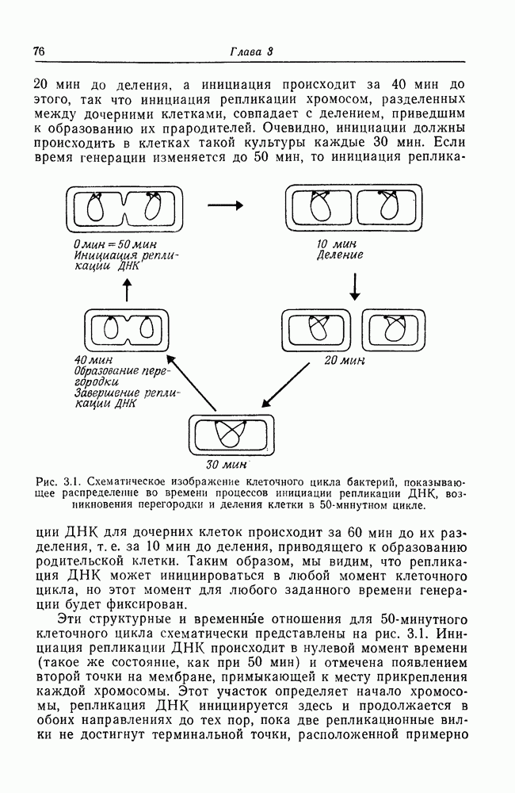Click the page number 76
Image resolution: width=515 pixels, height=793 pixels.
[38, 52]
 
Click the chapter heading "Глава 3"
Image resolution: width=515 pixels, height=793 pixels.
[251, 52]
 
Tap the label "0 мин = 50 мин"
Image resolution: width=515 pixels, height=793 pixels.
[115, 243]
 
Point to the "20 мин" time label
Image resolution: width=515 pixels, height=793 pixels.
[344, 359]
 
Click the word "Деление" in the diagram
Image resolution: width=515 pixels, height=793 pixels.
[340, 255]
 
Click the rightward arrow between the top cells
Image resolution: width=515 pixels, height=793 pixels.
[225, 204]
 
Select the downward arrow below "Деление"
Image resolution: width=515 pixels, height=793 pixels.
[355, 286]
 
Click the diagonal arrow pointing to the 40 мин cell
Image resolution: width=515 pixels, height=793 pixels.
[193, 384]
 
